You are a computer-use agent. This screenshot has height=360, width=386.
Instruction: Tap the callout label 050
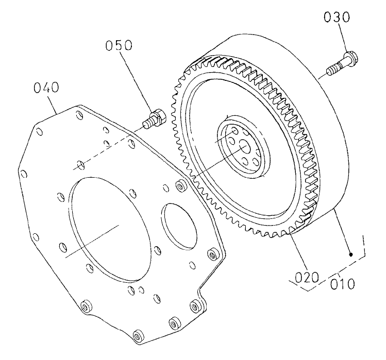pyautogui.click(x=119, y=45)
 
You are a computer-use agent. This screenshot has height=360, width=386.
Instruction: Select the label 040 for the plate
pyautogui.click(x=46, y=88)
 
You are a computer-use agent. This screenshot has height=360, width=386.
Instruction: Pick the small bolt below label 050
pyautogui.click(x=153, y=120)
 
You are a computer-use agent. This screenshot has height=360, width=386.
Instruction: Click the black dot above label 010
pyautogui.click(x=351, y=254)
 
